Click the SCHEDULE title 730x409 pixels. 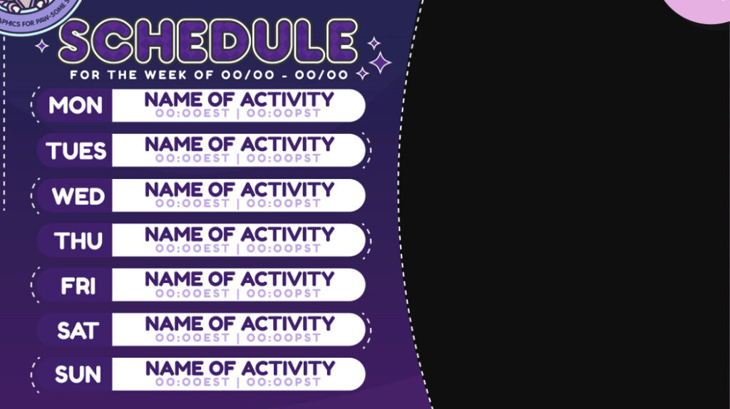(208, 41)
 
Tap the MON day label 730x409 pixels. (76, 106)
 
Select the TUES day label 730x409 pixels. (76, 151)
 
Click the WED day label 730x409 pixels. (78, 196)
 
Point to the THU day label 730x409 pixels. (78, 241)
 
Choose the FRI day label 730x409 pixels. (78, 286)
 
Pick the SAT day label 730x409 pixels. (78, 331)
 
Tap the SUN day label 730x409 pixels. (78, 375)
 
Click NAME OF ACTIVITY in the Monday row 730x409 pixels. (239, 100)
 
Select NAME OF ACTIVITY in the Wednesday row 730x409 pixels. (239, 190)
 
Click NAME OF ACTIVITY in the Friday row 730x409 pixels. (239, 279)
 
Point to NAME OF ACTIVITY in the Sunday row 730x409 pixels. (240, 368)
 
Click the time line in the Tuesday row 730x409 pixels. (238, 158)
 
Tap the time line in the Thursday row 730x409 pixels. (238, 248)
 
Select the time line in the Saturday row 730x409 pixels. (238, 338)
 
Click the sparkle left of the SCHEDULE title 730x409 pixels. (42, 46)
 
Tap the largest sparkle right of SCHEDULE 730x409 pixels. (381, 62)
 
